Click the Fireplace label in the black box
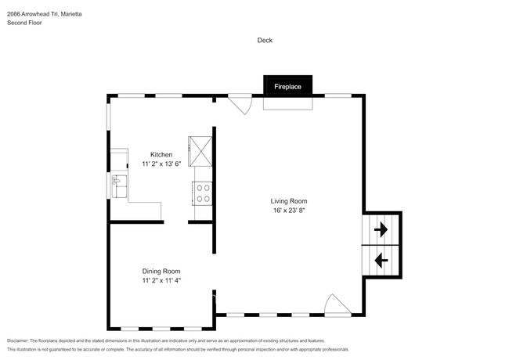point(287,87)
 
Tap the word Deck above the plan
point(264,40)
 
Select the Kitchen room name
point(161,154)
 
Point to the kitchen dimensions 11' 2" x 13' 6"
point(161,164)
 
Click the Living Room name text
point(287,201)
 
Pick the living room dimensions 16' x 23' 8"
point(287,211)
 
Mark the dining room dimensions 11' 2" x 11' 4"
point(161,280)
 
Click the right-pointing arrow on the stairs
point(381,230)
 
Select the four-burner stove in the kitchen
point(203,193)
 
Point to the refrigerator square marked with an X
point(199,147)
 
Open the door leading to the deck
point(240,103)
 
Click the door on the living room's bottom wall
point(337,305)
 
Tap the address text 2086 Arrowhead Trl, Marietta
point(45,13)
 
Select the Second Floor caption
point(25,23)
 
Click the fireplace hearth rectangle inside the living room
point(287,103)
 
